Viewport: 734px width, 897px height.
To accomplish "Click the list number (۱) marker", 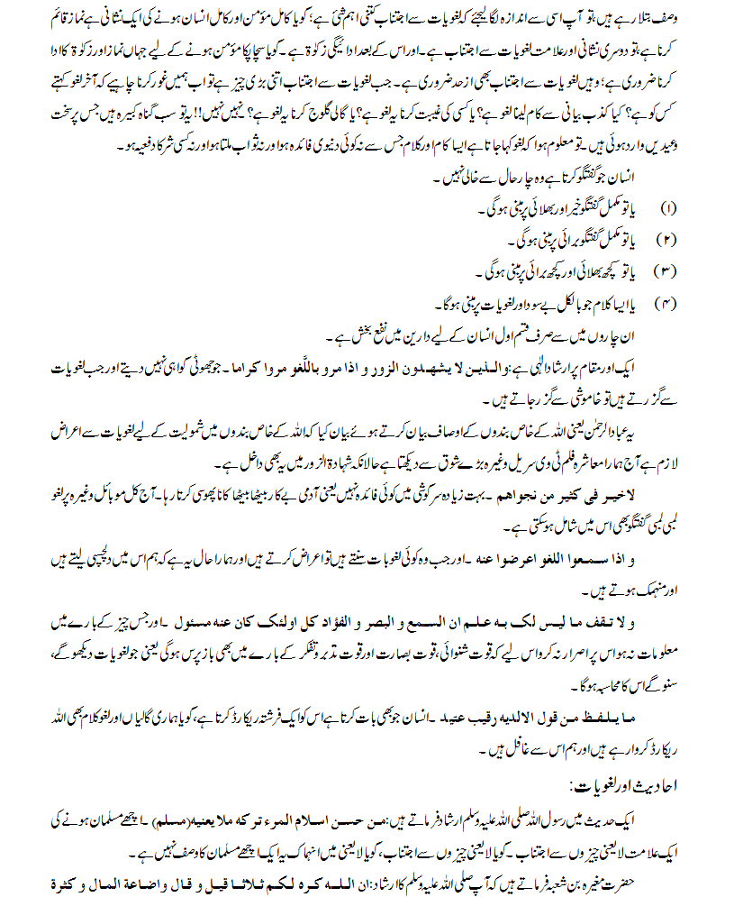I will point(669,209).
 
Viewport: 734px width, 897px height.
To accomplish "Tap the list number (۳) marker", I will point(669,270).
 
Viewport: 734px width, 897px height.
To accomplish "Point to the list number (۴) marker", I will point(669,300).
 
